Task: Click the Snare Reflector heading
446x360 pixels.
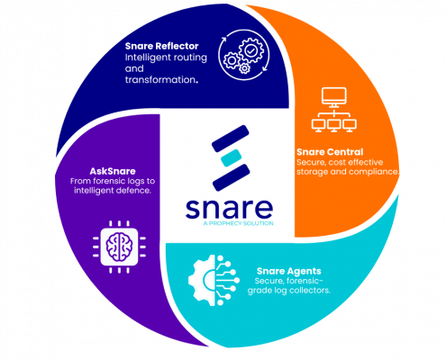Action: point(161,46)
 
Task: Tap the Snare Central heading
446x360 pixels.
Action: point(330,152)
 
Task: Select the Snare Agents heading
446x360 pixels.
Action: point(289,271)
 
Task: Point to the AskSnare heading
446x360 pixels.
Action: point(113,171)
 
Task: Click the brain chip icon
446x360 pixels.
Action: point(119,247)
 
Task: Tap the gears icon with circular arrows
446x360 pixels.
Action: point(244,55)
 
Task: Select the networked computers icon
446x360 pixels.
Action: point(333,110)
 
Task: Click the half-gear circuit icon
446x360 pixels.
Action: point(214,280)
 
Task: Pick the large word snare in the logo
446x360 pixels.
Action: point(229,208)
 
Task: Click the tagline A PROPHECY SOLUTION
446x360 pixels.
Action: point(238,223)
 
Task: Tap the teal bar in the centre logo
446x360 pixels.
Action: point(231,157)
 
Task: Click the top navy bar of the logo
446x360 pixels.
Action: point(231,139)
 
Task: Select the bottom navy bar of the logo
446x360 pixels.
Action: point(232,177)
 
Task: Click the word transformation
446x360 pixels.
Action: point(161,80)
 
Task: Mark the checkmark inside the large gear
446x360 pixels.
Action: point(250,50)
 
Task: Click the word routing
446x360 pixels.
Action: point(190,58)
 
